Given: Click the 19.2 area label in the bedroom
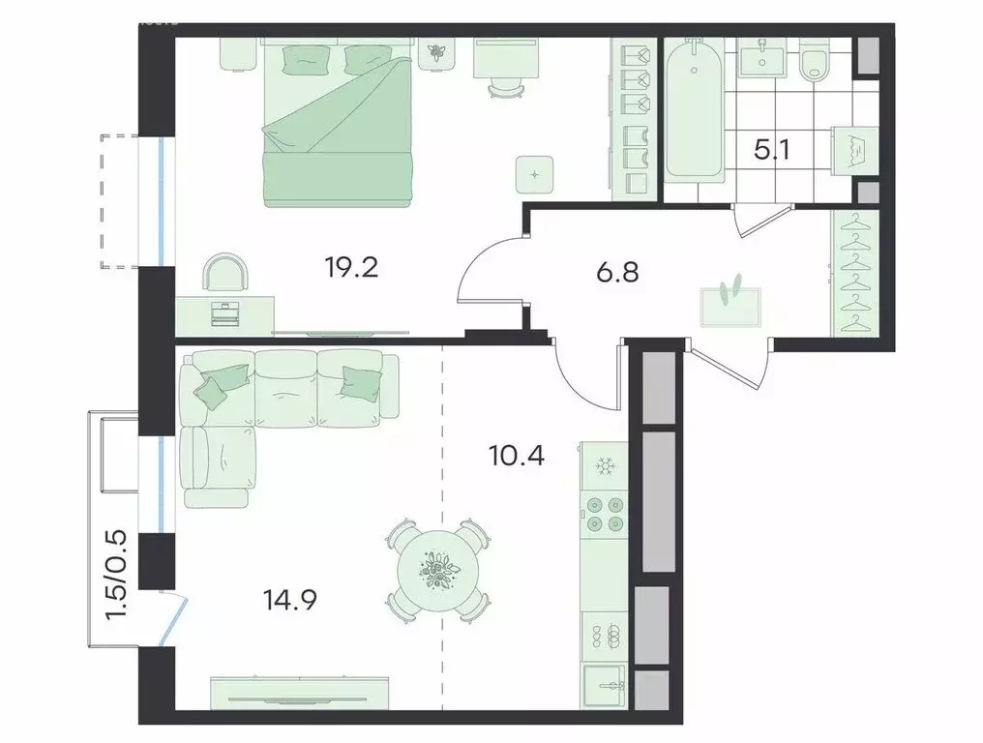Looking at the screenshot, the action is [x=351, y=268].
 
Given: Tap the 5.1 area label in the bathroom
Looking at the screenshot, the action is [x=771, y=151].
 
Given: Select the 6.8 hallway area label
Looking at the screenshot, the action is [x=617, y=273].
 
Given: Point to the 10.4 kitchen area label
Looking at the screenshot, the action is [x=516, y=455].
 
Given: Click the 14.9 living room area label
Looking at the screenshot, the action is [x=290, y=600].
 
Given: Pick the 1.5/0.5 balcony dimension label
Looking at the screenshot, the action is [x=117, y=575].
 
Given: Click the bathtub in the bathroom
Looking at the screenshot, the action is [x=694, y=110].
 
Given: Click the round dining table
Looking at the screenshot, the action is [x=438, y=570].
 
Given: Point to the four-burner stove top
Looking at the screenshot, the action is [x=605, y=514].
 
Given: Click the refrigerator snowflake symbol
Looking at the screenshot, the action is [x=605, y=467].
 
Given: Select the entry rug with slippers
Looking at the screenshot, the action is [x=730, y=306].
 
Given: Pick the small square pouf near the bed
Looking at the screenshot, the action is [x=535, y=174].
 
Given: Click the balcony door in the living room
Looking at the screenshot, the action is [x=173, y=618].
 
